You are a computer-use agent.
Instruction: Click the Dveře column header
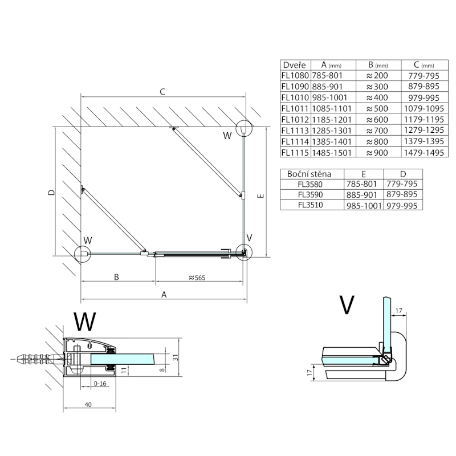295,65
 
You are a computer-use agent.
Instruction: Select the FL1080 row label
295,75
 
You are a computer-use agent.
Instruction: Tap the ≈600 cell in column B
377,120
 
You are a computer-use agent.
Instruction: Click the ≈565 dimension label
197,278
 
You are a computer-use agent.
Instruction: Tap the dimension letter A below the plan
164,295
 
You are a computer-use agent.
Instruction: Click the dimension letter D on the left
51,193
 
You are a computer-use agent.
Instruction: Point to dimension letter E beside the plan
259,197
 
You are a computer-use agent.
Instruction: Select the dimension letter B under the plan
116,278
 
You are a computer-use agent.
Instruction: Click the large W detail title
85,322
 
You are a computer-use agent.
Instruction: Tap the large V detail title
345,306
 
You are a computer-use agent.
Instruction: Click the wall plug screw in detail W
37,360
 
